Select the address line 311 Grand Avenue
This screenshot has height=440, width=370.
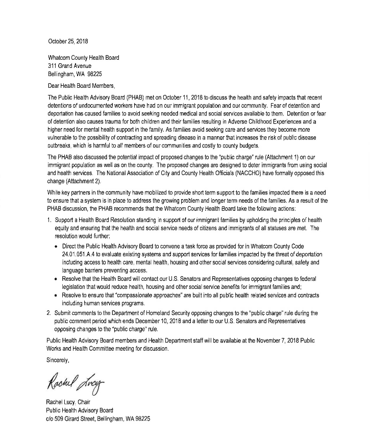click(x=69, y=66)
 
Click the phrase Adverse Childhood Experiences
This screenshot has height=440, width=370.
click(x=265, y=116)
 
